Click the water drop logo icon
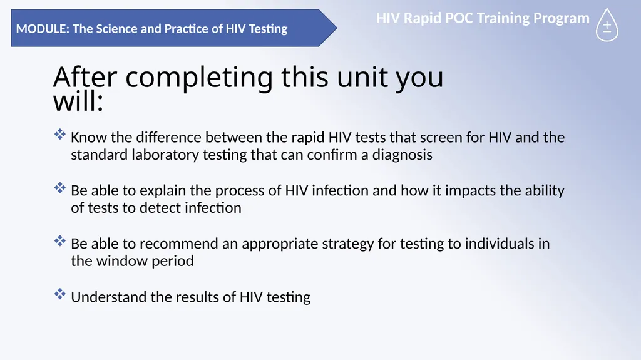click(607, 25)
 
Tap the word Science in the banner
click(116, 29)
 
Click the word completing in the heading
click(199, 77)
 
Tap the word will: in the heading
click(78, 101)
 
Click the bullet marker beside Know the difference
click(59, 134)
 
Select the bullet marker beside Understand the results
click(59, 294)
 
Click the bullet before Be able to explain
click(59, 187)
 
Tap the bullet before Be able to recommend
click(59, 240)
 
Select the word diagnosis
click(402, 155)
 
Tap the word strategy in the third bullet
click(348, 244)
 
